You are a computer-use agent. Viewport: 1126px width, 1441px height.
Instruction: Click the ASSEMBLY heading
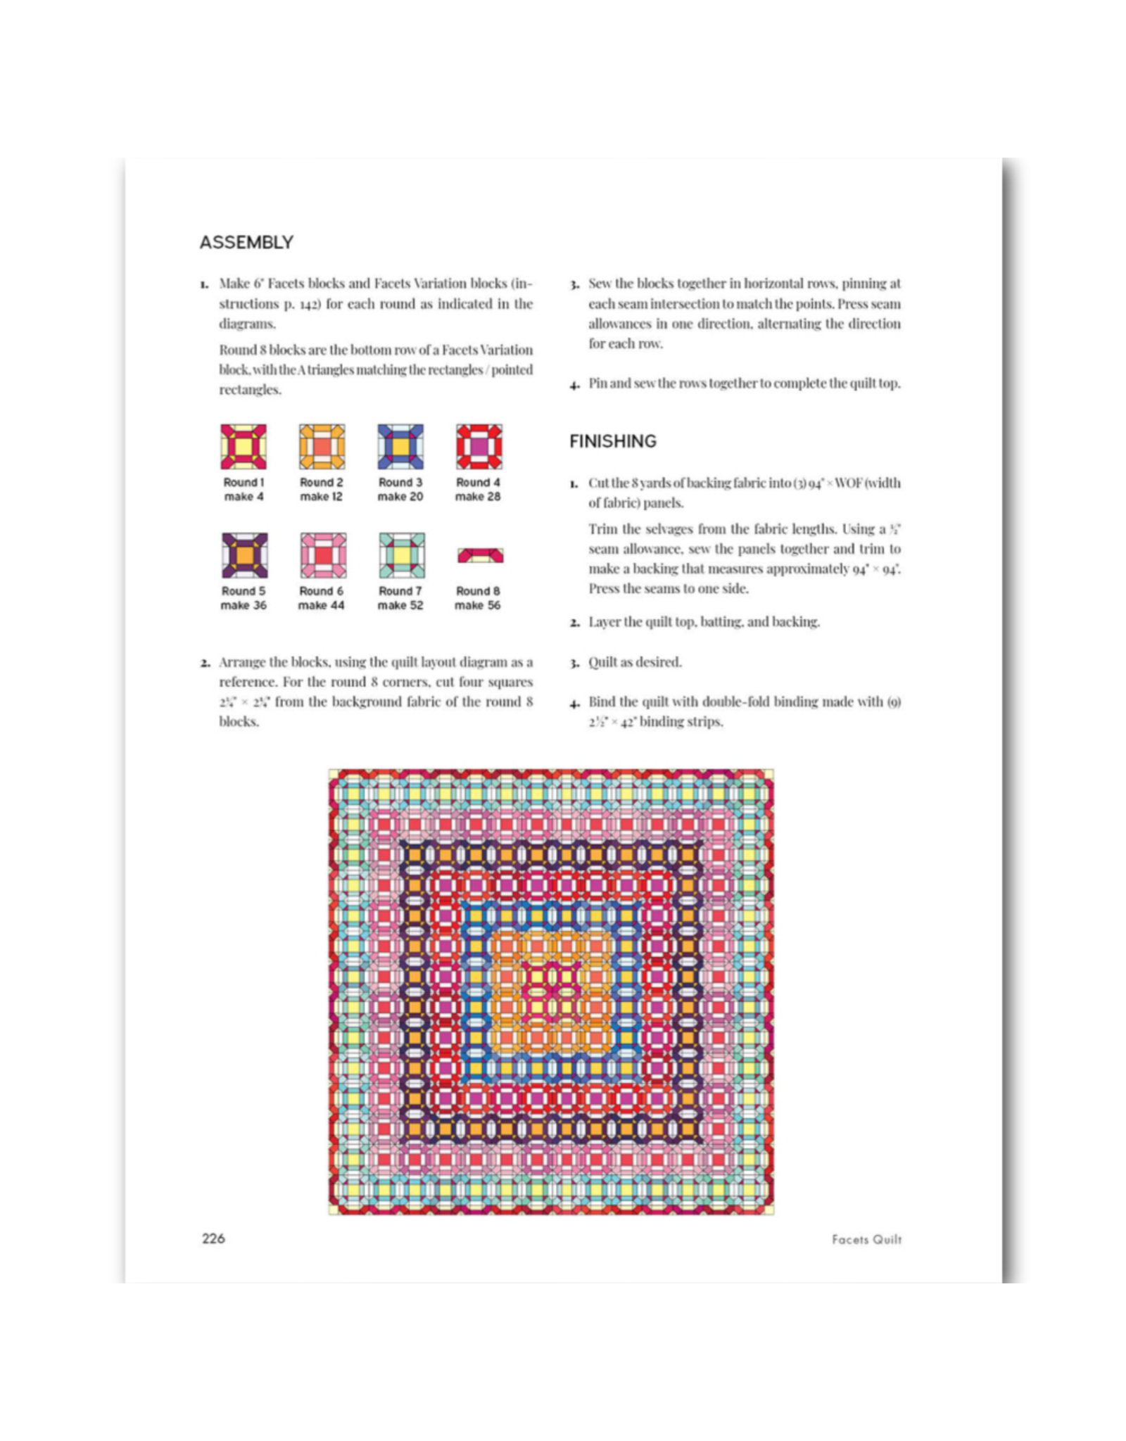point(246,243)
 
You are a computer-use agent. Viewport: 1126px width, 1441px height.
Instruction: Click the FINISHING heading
point(612,441)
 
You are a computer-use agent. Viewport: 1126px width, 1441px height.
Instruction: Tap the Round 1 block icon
point(243,447)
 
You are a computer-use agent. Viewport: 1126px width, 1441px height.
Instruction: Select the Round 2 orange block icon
point(322,447)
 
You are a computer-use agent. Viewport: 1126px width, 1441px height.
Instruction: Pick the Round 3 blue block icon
point(400,447)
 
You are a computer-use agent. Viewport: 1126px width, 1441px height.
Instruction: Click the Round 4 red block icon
point(479,447)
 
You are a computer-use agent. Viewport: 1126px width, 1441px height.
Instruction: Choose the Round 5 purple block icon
point(243,556)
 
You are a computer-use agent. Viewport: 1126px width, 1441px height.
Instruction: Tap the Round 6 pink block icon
point(322,556)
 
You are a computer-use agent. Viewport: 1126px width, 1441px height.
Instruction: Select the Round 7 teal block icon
point(400,556)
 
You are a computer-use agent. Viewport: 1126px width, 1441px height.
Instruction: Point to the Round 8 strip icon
point(480,556)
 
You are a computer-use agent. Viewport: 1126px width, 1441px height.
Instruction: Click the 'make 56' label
point(478,606)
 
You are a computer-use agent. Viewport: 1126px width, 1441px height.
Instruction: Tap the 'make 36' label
point(243,606)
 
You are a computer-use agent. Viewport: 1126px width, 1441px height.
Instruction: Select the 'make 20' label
point(400,497)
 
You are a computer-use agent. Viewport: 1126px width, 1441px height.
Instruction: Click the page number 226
point(213,1239)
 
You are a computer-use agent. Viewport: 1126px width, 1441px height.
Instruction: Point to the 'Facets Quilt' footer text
point(866,1240)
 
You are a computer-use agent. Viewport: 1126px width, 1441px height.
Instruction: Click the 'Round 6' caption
point(322,591)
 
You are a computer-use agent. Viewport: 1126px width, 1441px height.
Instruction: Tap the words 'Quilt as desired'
point(635,662)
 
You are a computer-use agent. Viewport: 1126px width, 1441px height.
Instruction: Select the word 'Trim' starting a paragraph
point(603,529)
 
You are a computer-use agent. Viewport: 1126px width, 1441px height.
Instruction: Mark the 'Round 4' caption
point(478,483)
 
